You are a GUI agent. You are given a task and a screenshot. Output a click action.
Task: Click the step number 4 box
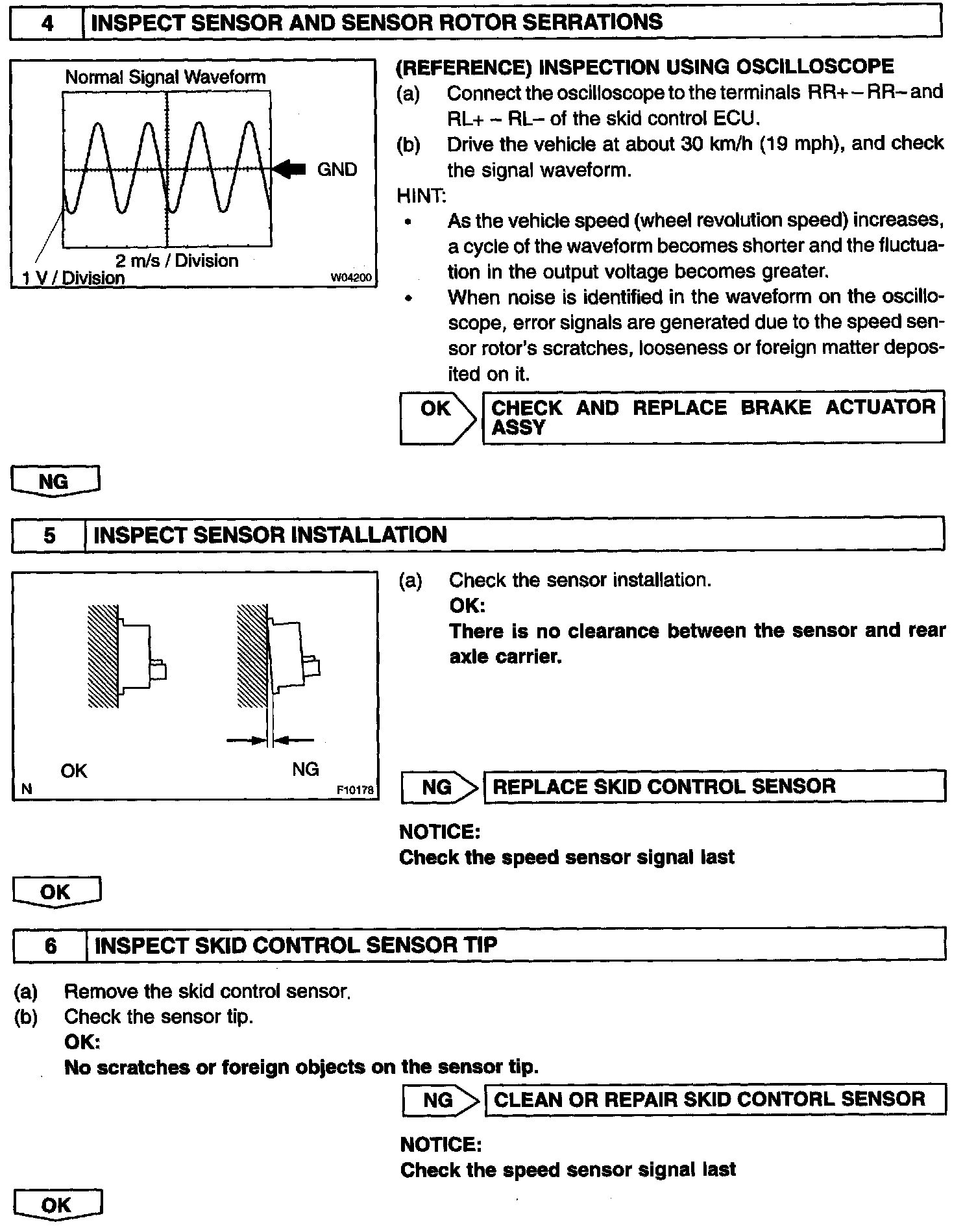(47, 23)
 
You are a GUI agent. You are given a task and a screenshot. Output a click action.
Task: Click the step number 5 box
(49, 536)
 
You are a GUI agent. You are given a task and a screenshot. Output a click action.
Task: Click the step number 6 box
(50, 945)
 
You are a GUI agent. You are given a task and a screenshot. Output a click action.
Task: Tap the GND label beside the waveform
(337, 170)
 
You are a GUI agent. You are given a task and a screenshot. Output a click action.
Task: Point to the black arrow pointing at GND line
(289, 169)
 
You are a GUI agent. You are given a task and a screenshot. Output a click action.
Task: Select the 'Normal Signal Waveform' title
(165, 77)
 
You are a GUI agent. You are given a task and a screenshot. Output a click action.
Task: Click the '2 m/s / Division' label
(177, 261)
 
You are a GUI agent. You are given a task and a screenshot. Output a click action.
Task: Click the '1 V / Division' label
(73, 279)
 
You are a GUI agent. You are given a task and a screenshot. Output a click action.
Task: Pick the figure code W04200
(352, 278)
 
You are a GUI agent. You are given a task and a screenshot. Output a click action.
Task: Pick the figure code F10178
(355, 790)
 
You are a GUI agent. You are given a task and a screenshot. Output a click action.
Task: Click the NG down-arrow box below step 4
(55, 482)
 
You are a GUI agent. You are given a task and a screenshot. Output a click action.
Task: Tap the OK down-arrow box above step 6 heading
(56, 891)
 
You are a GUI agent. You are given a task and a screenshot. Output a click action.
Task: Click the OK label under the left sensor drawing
(73, 771)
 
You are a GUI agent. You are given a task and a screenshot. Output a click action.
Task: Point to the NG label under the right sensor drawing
(305, 769)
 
